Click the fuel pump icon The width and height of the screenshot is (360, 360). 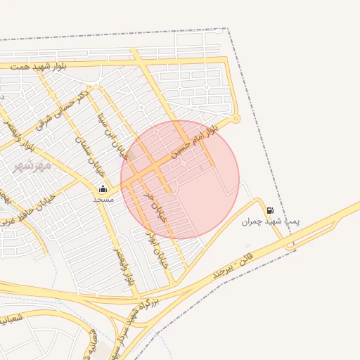270,210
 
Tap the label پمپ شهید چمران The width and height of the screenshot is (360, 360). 271,221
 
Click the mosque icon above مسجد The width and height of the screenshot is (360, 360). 103,188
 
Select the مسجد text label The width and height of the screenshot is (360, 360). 103,199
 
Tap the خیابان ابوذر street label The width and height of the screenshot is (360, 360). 158,245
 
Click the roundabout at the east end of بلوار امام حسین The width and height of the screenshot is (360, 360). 236,117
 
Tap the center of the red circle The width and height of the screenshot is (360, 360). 180,179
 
